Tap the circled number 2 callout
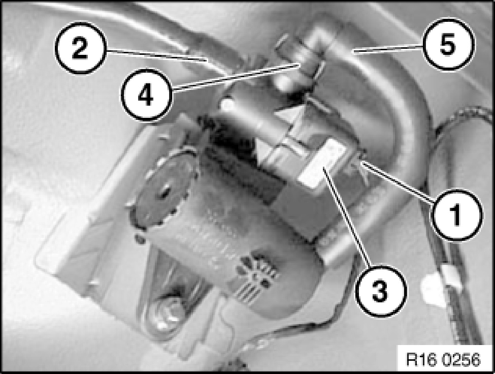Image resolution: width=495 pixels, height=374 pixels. click(x=80, y=48)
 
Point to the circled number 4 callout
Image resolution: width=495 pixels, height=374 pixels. click(x=146, y=95)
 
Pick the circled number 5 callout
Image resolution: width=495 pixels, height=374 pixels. click(x=448, y=44)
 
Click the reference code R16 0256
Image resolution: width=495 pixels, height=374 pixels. click(x=443, y=359)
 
